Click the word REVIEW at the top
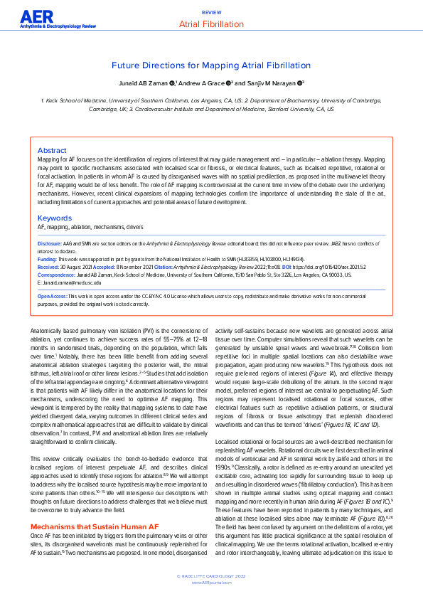[x=211, y=13]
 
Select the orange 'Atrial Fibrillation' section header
[x=211, y=23]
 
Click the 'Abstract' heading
[x=51, y=151]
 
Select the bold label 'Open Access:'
[x=53, y=297]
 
